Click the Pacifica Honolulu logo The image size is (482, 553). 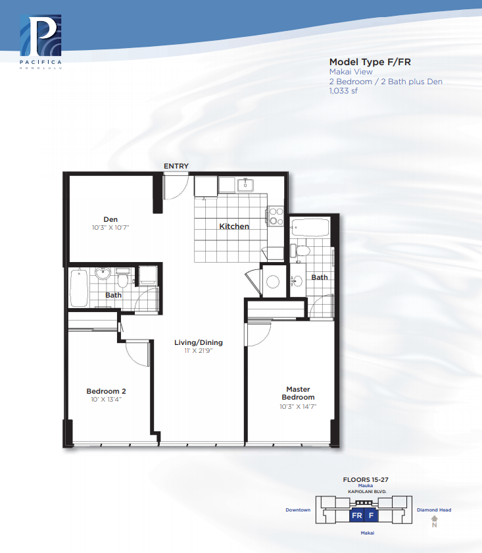tap(41, 41)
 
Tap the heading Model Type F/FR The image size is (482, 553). tap(370, 62)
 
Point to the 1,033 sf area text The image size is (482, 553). tap(343, 91)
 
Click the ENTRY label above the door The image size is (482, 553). tap(176, 166)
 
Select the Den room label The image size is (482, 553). tap(110, 219)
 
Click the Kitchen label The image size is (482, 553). tap(234, 226)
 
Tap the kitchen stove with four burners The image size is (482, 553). tap(275, 216)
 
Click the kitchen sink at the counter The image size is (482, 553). tap(245, 185)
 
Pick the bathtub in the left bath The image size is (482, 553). tap(79, 288)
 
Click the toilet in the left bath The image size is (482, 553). tap(122, 278)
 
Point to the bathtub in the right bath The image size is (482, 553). tap(310, 228)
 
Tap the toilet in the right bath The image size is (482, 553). tap(301, 250)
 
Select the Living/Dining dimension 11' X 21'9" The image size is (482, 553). tap(199, 350)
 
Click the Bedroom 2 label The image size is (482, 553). tap(106, 391)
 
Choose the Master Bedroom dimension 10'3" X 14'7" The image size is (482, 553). tap(298, 406)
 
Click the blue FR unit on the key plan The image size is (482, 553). tap(356, 515)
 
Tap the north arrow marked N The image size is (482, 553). tap(435, 521)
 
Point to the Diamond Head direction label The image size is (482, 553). tap(434, 510)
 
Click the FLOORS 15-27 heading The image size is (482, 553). tap(366, 480)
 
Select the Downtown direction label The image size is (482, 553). tap(298, 510)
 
